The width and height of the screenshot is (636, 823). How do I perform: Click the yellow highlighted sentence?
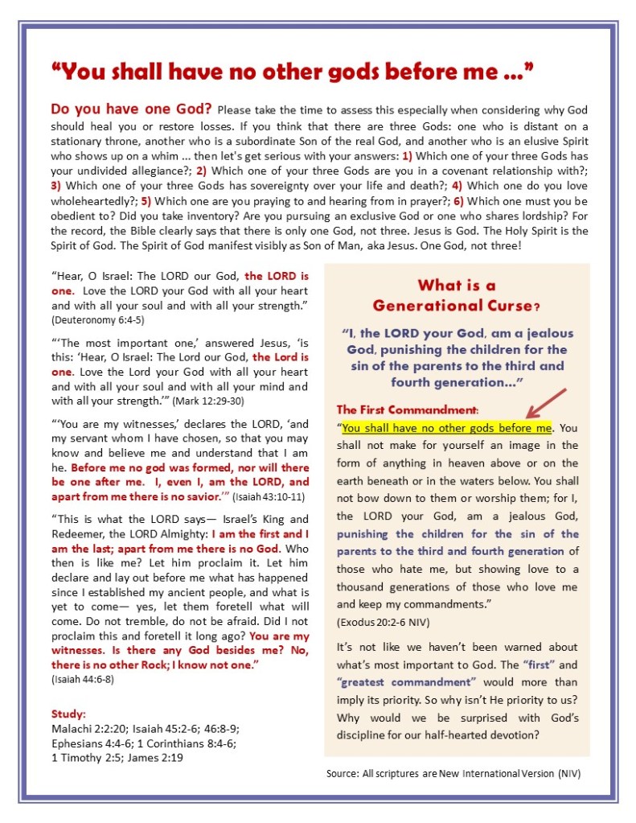pyautogui.click(x=447, y=428)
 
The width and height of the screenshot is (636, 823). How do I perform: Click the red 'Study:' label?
pyautogui.click(x=69, y=713)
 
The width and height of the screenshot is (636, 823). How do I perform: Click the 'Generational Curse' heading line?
pyautogui.click(x=455, y=306)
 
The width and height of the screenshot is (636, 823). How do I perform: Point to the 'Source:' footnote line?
pyautogui.click(x=453, y=773)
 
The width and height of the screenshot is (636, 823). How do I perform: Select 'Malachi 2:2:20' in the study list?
pyautogui.click(x=88, y=728)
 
